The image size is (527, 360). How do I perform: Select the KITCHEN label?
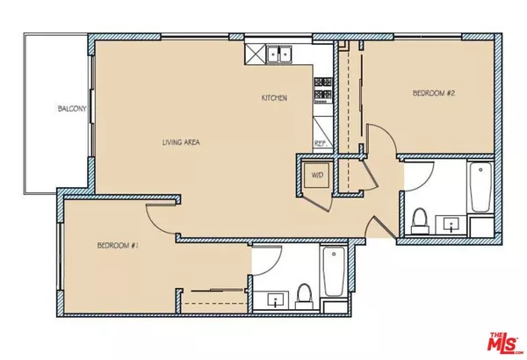[x=275, y=97]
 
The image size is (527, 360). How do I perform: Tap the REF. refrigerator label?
[x=321, y=141]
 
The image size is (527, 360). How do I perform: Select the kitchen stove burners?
[x=322, y=89]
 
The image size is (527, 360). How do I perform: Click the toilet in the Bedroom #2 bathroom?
[x=419, y=217]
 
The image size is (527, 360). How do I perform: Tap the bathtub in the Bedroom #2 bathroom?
[x=479, y=187]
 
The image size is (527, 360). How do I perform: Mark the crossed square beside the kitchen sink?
[x=255, y=54]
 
